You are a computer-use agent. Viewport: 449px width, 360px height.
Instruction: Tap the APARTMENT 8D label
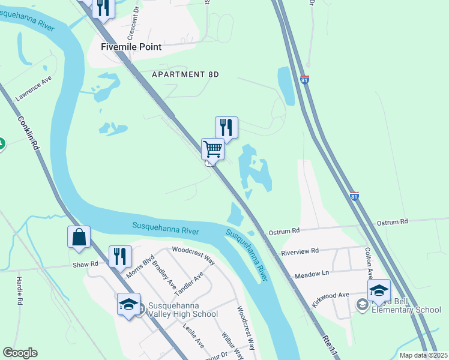click(x=185, y=74)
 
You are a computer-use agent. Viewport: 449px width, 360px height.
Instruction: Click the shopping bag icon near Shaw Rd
click(x=79, y=237)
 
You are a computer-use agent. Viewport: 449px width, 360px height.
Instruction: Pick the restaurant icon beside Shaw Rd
click(x=119, y=256)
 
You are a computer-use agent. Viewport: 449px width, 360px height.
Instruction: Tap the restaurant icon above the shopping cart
click(x=226, y=128)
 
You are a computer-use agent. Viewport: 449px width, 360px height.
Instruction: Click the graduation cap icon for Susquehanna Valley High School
click(x=129, y=304)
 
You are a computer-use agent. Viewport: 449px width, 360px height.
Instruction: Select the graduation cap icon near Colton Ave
click(x=379, y=291)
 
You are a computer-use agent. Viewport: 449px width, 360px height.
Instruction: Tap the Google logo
click(x=20, y=353)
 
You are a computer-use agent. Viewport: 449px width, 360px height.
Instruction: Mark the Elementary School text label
click(x=406, y=310)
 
